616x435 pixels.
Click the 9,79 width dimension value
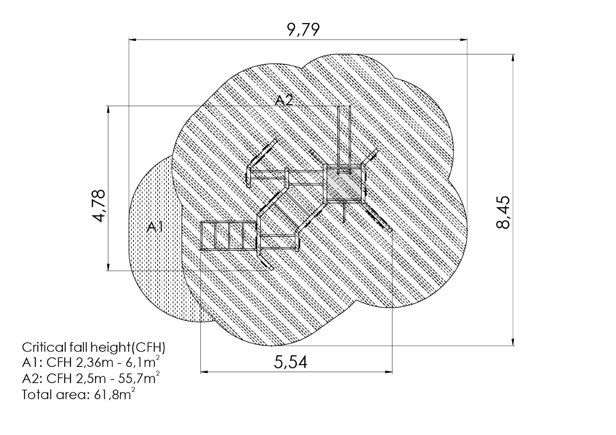[x=303, y=30]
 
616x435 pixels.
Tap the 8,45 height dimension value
[x=503, y=212]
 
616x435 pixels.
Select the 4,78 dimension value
[x=98, y=205]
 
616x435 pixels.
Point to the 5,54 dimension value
[x=290, y=362]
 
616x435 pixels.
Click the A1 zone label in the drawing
[x=155, y=227]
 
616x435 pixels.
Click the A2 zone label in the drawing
[x=284, y=101]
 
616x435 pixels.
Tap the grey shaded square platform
[x=344, y=184]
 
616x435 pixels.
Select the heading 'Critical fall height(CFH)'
[x=94, y=348]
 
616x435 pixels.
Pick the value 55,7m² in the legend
[x=139, y=378]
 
